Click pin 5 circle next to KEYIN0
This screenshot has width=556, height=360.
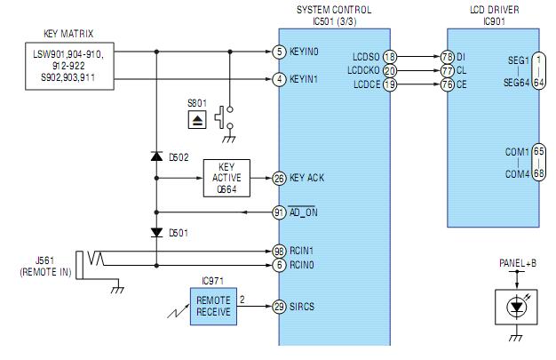(279, 52)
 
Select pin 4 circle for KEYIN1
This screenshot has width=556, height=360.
(279, 79)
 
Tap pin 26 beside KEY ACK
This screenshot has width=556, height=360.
(279, 178)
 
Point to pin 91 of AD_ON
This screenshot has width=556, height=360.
(279, 212)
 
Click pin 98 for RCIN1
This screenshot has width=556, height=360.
(279, 252)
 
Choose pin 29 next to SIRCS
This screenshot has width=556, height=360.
(279, 307)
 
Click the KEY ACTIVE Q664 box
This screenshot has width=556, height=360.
(226, 178)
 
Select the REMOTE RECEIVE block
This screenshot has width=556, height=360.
(213, 307)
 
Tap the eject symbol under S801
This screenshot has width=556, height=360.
(197, 120)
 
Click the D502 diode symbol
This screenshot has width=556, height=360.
(156, 156)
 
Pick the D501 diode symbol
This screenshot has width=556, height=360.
(156, 233)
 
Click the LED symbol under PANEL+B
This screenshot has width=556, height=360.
(516, 307)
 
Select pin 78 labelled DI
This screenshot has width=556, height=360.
(447, 57)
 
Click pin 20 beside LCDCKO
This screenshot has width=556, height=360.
(390, 70)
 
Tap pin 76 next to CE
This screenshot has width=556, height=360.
(447, 84)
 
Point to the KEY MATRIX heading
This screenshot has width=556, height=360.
(68, 34)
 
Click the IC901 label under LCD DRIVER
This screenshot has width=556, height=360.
(494, 21)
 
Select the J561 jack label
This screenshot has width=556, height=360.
(44, 260)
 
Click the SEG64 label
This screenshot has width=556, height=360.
(517, 83)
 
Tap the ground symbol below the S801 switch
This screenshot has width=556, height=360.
(229, 140)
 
